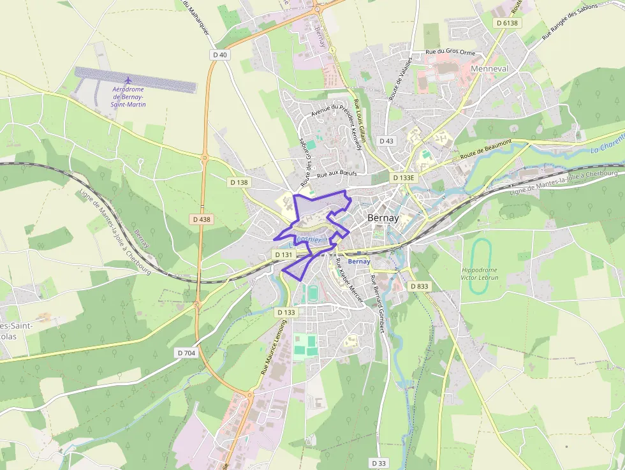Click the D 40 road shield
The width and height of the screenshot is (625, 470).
[x=219, y=55]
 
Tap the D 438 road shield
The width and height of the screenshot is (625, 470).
[x=201, y=219]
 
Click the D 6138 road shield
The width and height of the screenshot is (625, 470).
[x=508, y=23]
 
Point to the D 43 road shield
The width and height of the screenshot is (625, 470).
[x=386, y=140]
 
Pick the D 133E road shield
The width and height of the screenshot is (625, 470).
[x=404, y=178]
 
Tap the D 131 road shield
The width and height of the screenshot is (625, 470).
[x=284, y=254]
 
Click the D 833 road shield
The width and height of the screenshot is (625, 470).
[x=419, y=286]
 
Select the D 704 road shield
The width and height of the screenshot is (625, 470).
[x=186, y=352]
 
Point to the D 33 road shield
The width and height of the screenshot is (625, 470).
[x=378, y=462]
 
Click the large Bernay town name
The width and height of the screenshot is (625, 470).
[x=383, y=217]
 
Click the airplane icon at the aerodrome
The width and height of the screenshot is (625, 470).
[x=128, y=80]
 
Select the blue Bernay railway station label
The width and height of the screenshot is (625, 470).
[x=360, y=261]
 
